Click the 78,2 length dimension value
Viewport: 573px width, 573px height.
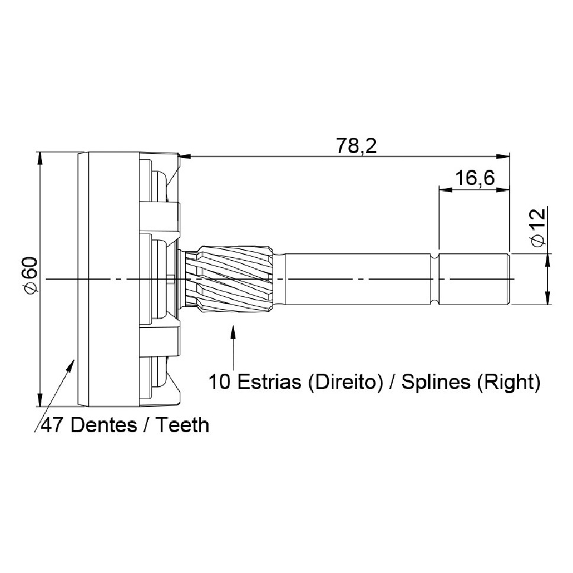click(357, 146)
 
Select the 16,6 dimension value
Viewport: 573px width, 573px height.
click(475, 178)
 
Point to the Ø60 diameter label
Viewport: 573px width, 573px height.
click(30, 275)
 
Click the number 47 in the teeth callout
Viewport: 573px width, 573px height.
click(53, 425)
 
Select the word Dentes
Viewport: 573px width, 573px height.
click(104, 425)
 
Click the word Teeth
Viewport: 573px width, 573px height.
click(183, 425)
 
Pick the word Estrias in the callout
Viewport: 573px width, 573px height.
click(270, 382)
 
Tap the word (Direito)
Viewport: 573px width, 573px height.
click(345, 383)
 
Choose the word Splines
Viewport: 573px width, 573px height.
click(436, 383)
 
